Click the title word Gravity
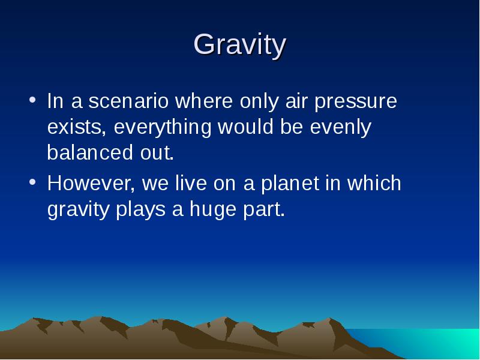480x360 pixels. [x=240, y=46]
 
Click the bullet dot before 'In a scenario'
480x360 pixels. [x=32, y=100]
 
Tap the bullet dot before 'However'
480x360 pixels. [x=32, y=182]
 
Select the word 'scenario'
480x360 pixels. [x=128, y=101]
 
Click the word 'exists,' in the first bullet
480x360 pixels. [x=77, y=127]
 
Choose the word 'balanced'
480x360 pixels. [x=90, y=152]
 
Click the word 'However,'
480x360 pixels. [x=91, y=184]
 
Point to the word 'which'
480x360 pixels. [x=374, y=183]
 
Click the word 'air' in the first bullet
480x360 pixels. [x=296, y=101]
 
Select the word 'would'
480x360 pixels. [x=245, y=127]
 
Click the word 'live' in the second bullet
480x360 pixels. [x=191, y=183]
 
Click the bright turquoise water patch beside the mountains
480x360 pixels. [x=428, y=343]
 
